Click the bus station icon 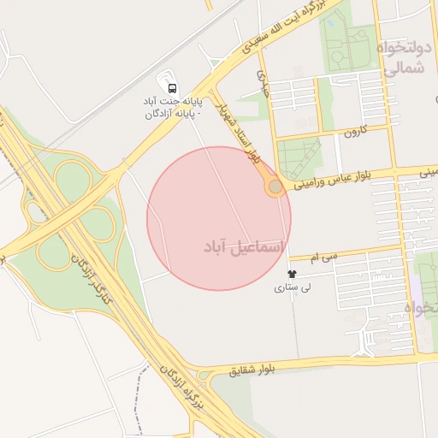pos(173,88)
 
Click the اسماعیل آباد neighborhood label pos(240,246)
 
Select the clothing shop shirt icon pos(293,275)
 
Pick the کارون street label pos(355,132)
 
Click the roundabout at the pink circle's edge pos(275,186)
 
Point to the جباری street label pos(263,80)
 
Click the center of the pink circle pos(219,218)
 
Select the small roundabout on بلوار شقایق pos(204,376)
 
